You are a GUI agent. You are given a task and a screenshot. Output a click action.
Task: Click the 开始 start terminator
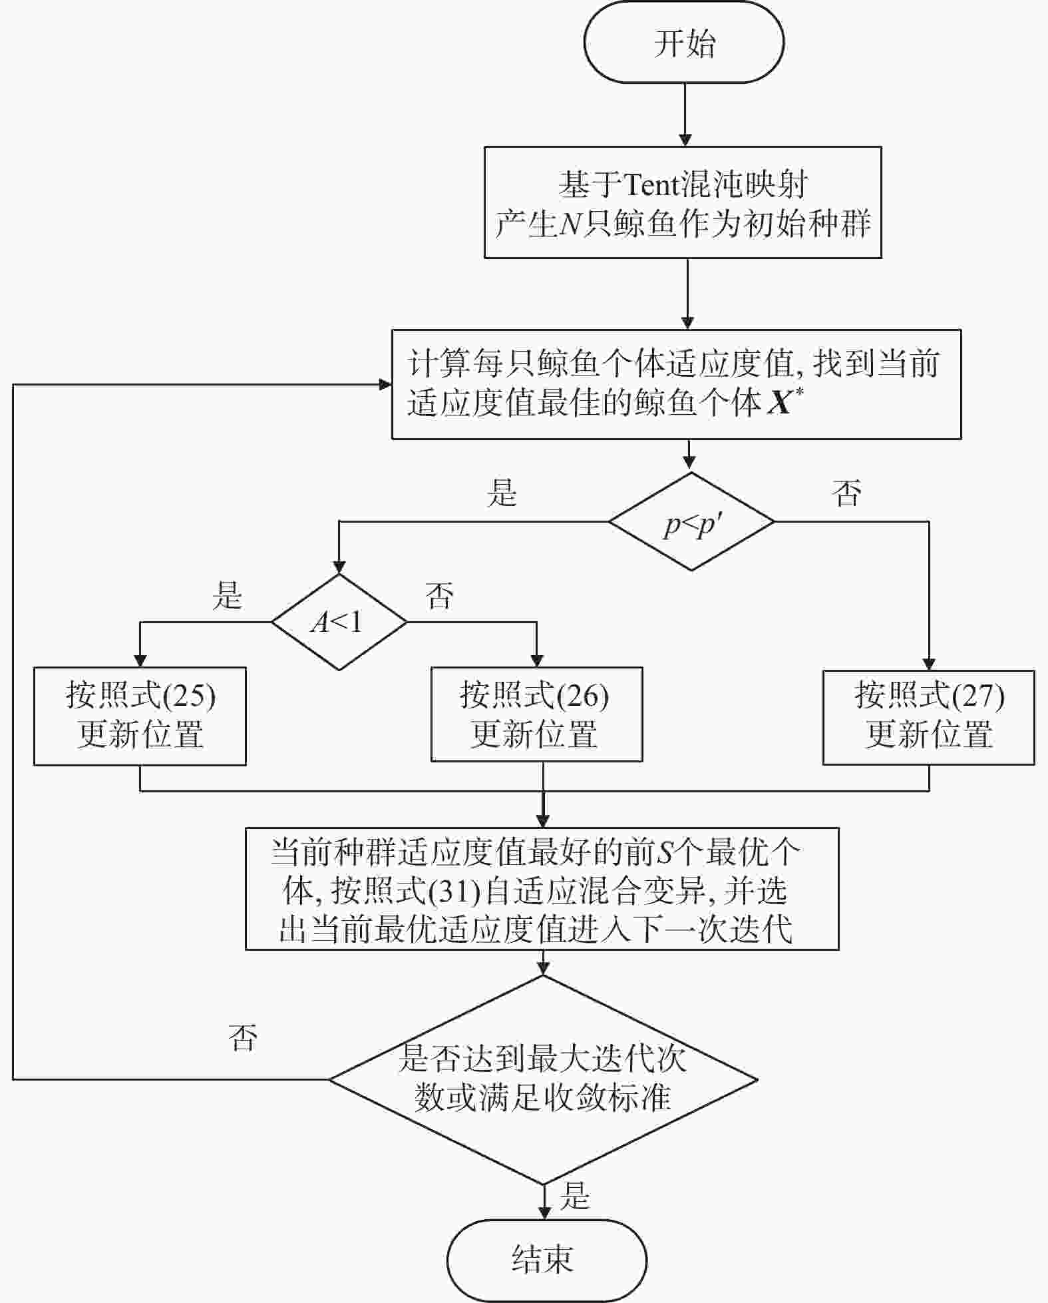click(684, 43)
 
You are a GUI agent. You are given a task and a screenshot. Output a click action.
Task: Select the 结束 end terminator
click(546, 1260)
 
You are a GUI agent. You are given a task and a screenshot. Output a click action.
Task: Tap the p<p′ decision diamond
click(691, 521)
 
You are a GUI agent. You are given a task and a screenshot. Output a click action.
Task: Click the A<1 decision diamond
click(339, 622)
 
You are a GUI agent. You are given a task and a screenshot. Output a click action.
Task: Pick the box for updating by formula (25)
click(140, 716)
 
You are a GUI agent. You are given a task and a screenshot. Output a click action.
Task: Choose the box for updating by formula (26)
click(536, 714)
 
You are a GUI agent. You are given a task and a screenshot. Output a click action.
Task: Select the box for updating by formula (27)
click(928, 716)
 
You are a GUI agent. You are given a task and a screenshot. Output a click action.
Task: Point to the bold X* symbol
click(785, 400)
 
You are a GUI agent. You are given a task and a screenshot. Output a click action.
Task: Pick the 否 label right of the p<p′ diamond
click(846, 493)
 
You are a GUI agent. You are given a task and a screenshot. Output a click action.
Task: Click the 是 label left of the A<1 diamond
click(227, 595)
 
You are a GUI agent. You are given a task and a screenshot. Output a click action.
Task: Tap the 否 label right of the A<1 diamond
click(439, 595)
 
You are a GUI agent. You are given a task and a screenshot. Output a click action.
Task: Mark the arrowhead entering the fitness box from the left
click(385, 384)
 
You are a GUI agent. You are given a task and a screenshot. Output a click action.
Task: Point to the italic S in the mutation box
click(665, 853)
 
